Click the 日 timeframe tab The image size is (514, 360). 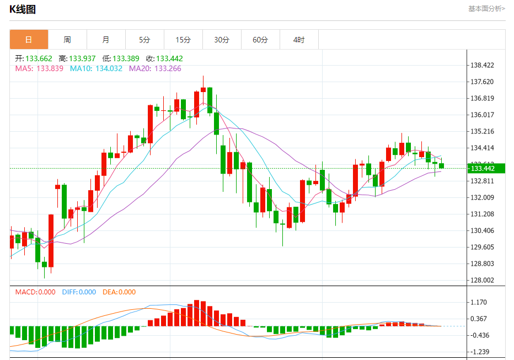click(29, 40)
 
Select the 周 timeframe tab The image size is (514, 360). click(67, 40)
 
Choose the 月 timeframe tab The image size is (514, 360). click(106, 40)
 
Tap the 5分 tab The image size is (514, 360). click(144, 40)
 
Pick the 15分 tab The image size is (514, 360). click(183, 40)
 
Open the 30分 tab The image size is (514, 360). click(222, 40)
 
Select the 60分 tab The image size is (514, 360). click(260, 40)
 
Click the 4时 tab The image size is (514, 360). click(298, 40)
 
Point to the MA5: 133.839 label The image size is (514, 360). click(39, 68)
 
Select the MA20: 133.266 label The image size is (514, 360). click(155, 68)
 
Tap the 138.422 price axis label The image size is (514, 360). click(483, 65)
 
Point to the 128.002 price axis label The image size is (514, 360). click(483, 280)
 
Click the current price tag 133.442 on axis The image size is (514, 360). click(483, 168)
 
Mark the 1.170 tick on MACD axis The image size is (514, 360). click(479, 302)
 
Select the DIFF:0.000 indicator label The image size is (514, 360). click(79, 292)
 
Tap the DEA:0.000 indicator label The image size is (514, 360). click(119, 292)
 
